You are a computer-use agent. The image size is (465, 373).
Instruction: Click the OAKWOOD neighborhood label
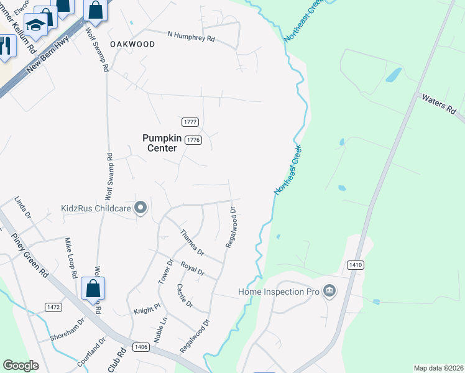(132, 44)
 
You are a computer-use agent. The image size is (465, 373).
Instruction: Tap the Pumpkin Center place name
(162, 143)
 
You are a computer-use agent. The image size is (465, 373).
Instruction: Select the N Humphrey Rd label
(191, 36)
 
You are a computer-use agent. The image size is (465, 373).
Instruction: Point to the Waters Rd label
(438, 104)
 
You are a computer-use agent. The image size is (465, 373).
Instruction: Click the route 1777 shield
(190, 122)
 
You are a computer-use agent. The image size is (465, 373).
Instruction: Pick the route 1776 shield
(193, 140)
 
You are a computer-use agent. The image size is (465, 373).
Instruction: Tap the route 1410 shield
(355, 265)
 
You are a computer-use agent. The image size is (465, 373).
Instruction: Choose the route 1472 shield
(53, 307)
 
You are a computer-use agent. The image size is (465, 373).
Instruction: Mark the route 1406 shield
(141, 347)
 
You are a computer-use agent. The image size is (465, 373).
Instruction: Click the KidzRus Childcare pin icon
(141, 208)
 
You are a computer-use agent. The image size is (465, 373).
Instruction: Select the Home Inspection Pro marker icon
(329, 291)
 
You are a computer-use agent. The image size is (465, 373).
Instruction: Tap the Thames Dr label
(191, 242)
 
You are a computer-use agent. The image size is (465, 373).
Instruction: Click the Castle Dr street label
(185, 297)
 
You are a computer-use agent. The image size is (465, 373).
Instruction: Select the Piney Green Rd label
(30, 255)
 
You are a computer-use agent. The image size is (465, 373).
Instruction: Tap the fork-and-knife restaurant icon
(5, 45)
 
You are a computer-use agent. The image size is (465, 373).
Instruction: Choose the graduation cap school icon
(36, 25)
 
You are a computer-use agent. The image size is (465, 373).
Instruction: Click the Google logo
(21, 366)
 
